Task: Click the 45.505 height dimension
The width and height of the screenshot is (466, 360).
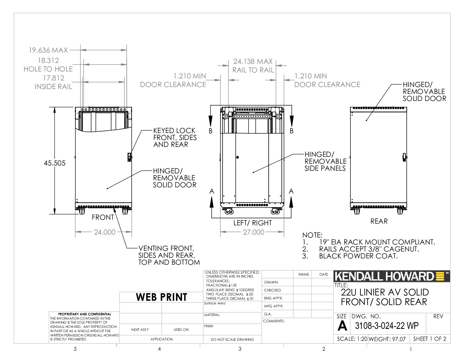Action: pyautogui.click(x=55, y=163)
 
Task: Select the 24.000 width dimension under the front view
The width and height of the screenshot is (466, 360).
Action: pyautogui.click(x=105, y=232)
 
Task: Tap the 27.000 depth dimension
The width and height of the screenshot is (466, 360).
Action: pyautogui.click(x=254, y=232)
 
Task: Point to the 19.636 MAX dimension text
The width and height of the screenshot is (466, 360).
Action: pyautogui.click(x=48, y=50)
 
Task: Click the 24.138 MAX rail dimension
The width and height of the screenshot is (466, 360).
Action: pyautogui.click(x=253, y=62)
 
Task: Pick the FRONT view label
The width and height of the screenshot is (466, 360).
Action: pyautogui.click(x=103, y=217)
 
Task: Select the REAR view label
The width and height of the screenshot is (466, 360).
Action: pyautogui.click(x=379, y=221)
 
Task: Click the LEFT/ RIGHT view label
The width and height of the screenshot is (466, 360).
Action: pyautogui.click(x=253, y=223)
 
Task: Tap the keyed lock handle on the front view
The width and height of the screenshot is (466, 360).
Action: pyautogui.click(x=129, y=157)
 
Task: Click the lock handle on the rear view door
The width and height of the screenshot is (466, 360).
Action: pyautogui.click(x=404, y=157)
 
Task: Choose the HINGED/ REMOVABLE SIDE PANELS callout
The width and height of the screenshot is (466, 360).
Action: pyautogui.click(x=325, y=161)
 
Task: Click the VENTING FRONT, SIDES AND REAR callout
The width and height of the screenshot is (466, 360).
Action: pyautogui.click(x=169, y=255)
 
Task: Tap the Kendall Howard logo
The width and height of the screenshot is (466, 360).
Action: pyautogui.click(x=392, y=276)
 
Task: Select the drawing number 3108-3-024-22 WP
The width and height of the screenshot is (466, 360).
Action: pyautogui.click(x=387, y=326)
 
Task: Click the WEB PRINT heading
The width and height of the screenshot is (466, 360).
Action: pyautogui.click(x=162, y=297)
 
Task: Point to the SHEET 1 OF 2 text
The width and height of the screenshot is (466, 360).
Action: pyautogui.click(x=430, y=339)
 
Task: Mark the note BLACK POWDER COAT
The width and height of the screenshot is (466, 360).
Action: pyautogui.click(x=358, y=256)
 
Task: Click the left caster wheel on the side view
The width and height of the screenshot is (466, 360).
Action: pyautogui.click(x=229, y=212)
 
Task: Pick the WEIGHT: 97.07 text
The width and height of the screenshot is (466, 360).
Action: pyautogui.click(x=387, y=339)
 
